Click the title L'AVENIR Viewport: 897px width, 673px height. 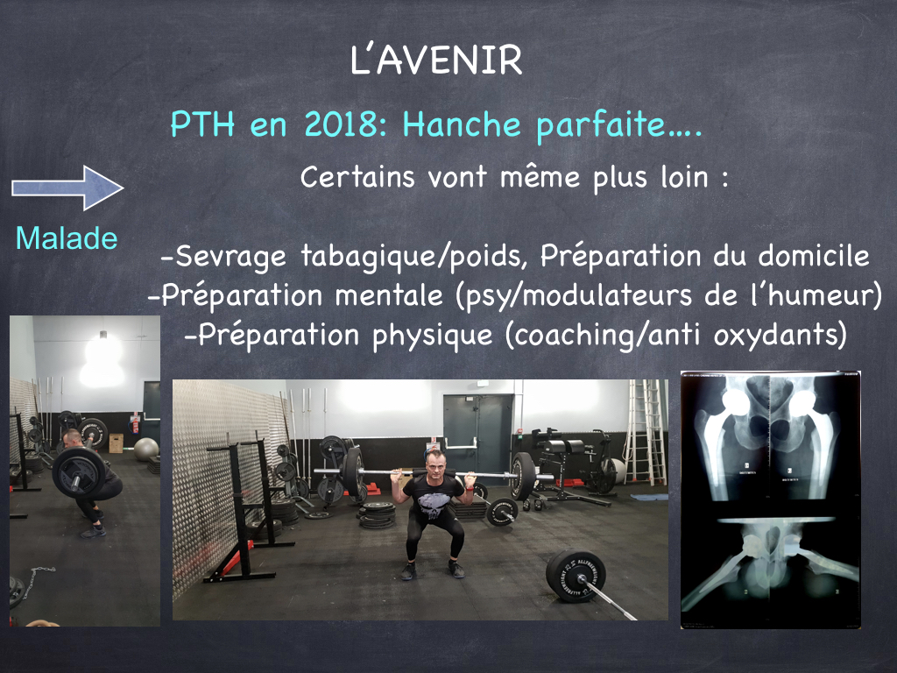point(436,60)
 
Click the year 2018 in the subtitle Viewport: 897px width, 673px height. point(341,124)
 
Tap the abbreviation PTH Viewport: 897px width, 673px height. point(202,124)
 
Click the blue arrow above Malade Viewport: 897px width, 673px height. point(67,188)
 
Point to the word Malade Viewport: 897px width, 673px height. point(67,238)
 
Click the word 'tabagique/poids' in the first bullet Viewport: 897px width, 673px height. point(414,257)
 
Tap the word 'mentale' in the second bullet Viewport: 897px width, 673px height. point(389,295)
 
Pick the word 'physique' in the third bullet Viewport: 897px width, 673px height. point(433,336)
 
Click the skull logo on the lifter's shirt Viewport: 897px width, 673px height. point(433,504)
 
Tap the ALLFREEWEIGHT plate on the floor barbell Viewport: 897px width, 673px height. point(576,576)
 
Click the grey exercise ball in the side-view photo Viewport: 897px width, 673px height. point(146,450)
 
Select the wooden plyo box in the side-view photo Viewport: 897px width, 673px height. point(116,443)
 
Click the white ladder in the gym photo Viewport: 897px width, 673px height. point(646,433)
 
